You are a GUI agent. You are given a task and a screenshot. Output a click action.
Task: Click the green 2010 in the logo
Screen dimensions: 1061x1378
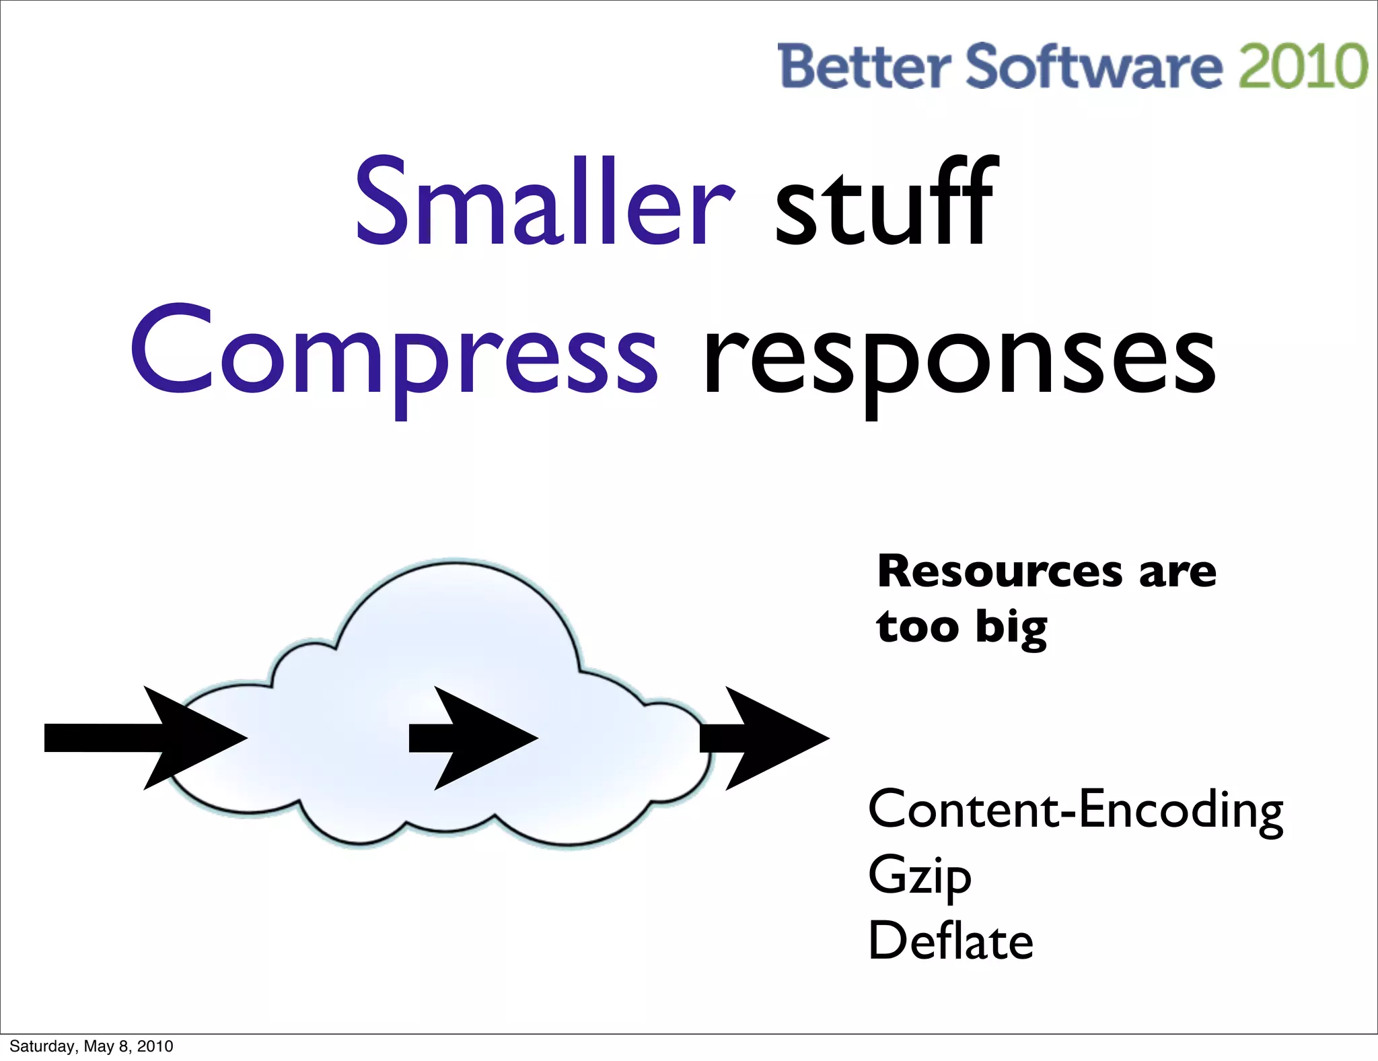click(x=1303, y=66)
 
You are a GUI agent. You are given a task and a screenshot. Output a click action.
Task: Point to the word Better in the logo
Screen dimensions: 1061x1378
click(x=864, y=66)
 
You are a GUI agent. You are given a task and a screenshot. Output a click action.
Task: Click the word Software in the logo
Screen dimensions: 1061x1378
click(x=1094, y=66)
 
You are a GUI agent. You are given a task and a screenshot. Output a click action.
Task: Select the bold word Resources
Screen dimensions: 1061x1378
click(x=1000, y=572)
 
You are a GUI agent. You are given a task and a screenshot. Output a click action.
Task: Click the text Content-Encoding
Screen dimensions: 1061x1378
click(x=1075, y=809)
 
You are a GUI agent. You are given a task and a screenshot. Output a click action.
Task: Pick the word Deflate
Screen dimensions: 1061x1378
click(x=950, y=941)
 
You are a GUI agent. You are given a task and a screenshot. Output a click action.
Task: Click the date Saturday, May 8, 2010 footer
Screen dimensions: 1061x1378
click(x=92, y=1046)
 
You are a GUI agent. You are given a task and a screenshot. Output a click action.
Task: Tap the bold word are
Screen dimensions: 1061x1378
click(x=1177, y=572)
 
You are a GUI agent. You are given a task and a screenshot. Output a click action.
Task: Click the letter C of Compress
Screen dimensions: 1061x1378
click(x=172, y=351)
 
